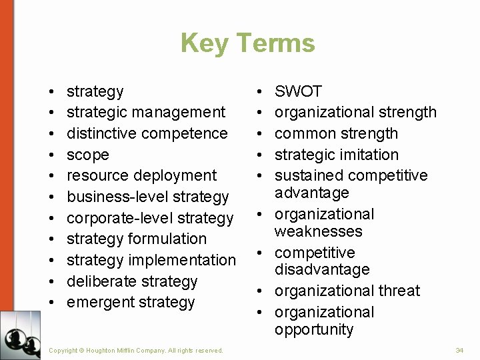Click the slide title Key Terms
click(x=247, y=43)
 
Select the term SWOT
click(x=298, y=91)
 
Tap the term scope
click(x=87, y=155)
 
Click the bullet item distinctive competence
click(x=147, y=133)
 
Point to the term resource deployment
click(x=141, y=175)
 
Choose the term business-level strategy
click(x=147, y=197)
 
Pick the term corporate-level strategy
click(x=150, y=218)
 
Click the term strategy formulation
click(x=137, y=239)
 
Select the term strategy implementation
click(x=151, y=260)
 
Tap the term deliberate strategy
click(x=132, y=281)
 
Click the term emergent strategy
click(x=131, y=302)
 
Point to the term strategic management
click(x=146, y=112)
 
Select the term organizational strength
click(x=355, y=112)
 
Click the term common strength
click(x=336, y=133)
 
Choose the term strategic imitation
click(x=336, y=155)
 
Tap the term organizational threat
click(x=347, y=291)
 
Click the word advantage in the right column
click(x=312, y=193)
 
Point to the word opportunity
click(x=314, y=329)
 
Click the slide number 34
click(x=459, y=350)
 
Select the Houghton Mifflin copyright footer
click(x=136, y=351)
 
